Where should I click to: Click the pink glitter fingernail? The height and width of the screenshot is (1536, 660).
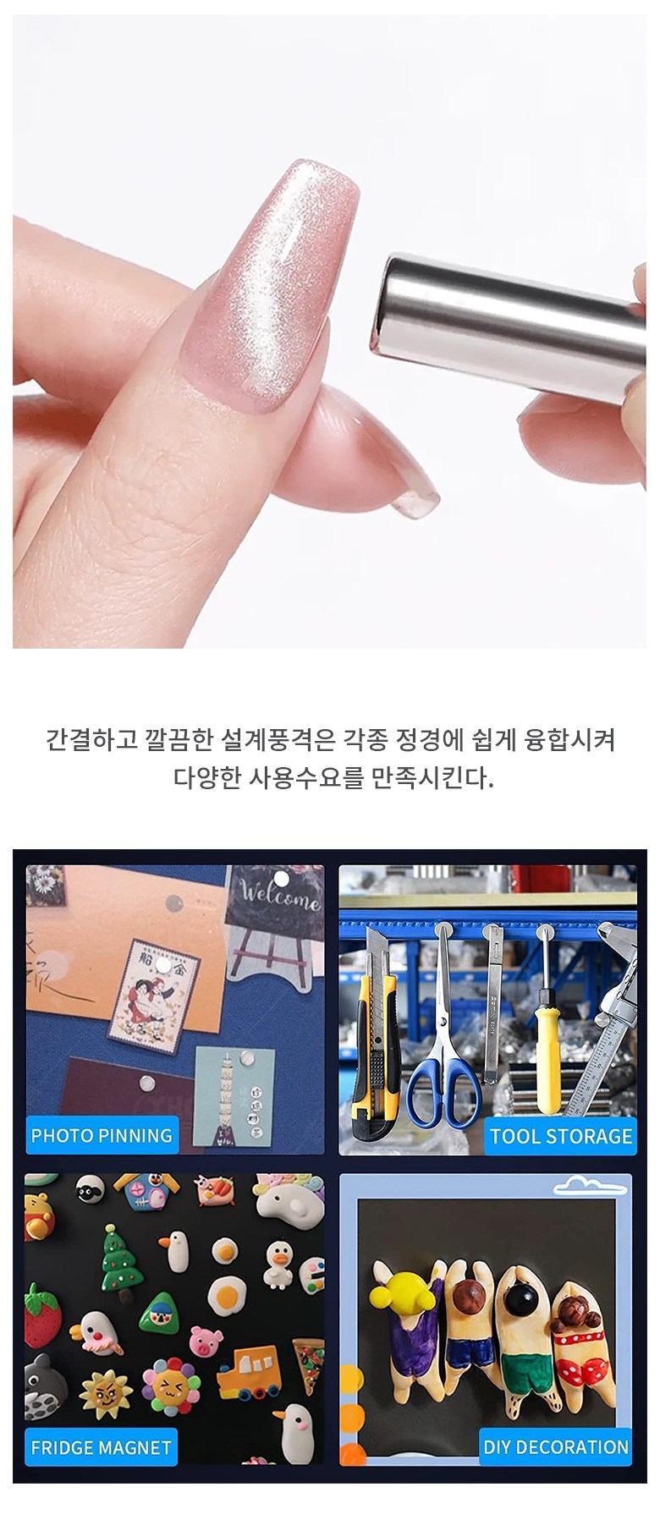272,287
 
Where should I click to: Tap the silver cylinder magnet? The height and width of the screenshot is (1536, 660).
508,326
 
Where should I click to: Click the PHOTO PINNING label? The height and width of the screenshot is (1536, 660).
102,1136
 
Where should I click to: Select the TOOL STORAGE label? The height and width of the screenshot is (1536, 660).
561,1136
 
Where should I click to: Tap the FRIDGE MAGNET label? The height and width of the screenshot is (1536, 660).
101,1447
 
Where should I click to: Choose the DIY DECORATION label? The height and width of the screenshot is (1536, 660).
556,1447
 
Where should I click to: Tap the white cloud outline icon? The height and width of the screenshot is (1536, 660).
592,1186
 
